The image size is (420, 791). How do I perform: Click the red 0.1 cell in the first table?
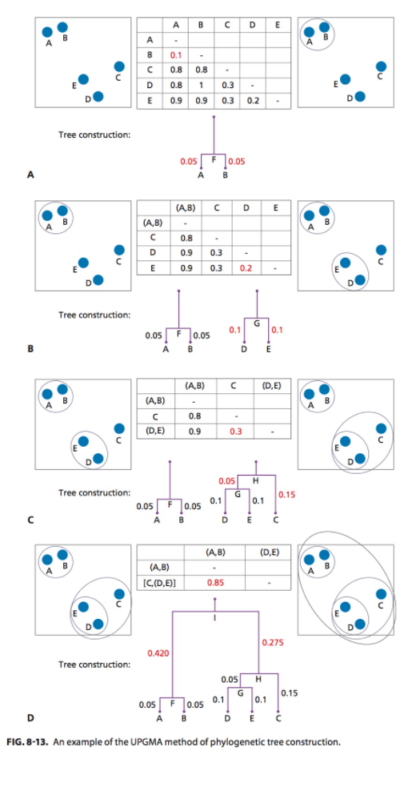pos(176,54)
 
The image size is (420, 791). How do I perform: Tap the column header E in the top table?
pos(276,24)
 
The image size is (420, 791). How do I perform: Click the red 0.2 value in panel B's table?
pos(245,267)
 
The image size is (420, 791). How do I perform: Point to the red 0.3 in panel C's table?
pos(235,430)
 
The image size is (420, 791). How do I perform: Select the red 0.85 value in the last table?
pos(214,582)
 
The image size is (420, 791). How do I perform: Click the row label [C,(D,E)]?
pos(162,582)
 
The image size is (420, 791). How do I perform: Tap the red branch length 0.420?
pos(158,654)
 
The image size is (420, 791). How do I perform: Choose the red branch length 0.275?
pos(273,642)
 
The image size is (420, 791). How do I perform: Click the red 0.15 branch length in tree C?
pos(286,495)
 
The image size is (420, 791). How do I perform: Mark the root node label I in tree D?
pos(214,617)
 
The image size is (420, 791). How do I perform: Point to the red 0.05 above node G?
pos(226,480)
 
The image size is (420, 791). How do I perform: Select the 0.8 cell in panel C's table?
pos(194,416)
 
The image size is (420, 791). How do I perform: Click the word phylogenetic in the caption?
pos(237,741)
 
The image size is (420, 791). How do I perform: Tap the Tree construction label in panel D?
pos(94,665)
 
